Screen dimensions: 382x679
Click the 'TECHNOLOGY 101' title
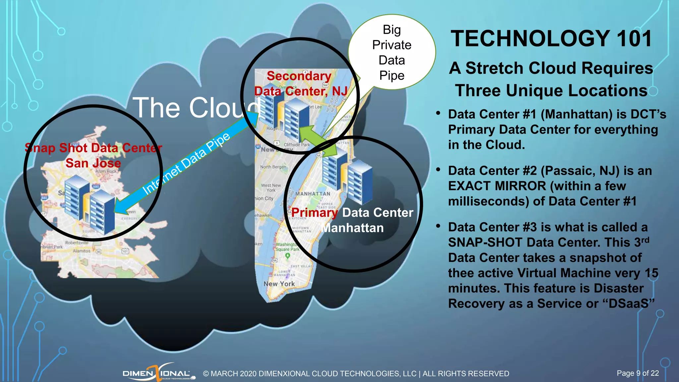(x=551, y=38)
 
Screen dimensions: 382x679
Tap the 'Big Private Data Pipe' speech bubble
(x=392, y=52)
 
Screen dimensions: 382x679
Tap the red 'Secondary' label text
(x=299, y=76)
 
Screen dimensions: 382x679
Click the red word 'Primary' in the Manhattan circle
(x=314, y=213)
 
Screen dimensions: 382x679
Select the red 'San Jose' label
(x=93, y=163)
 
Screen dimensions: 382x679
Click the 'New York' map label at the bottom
(x=279, y=284)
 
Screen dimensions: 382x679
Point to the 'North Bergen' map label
(x=273, y=167)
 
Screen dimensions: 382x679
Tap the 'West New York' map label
(x=271, y=188)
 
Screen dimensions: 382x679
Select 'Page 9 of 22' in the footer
(x=638, y=373)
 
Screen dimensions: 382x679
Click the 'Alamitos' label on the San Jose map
(x=82, y=251)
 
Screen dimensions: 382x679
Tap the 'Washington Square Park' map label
(x=287, y=247)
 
